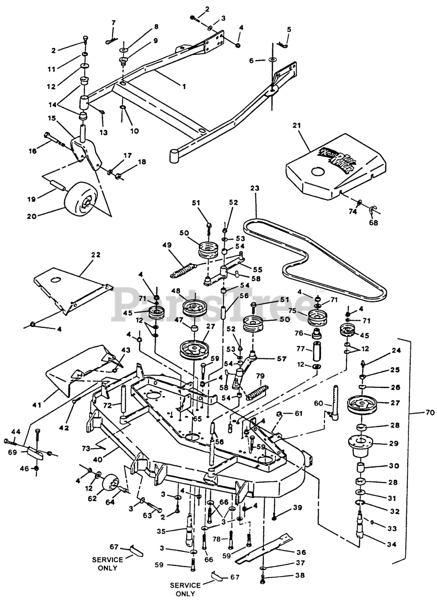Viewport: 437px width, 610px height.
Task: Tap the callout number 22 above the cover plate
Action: point(96,255)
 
